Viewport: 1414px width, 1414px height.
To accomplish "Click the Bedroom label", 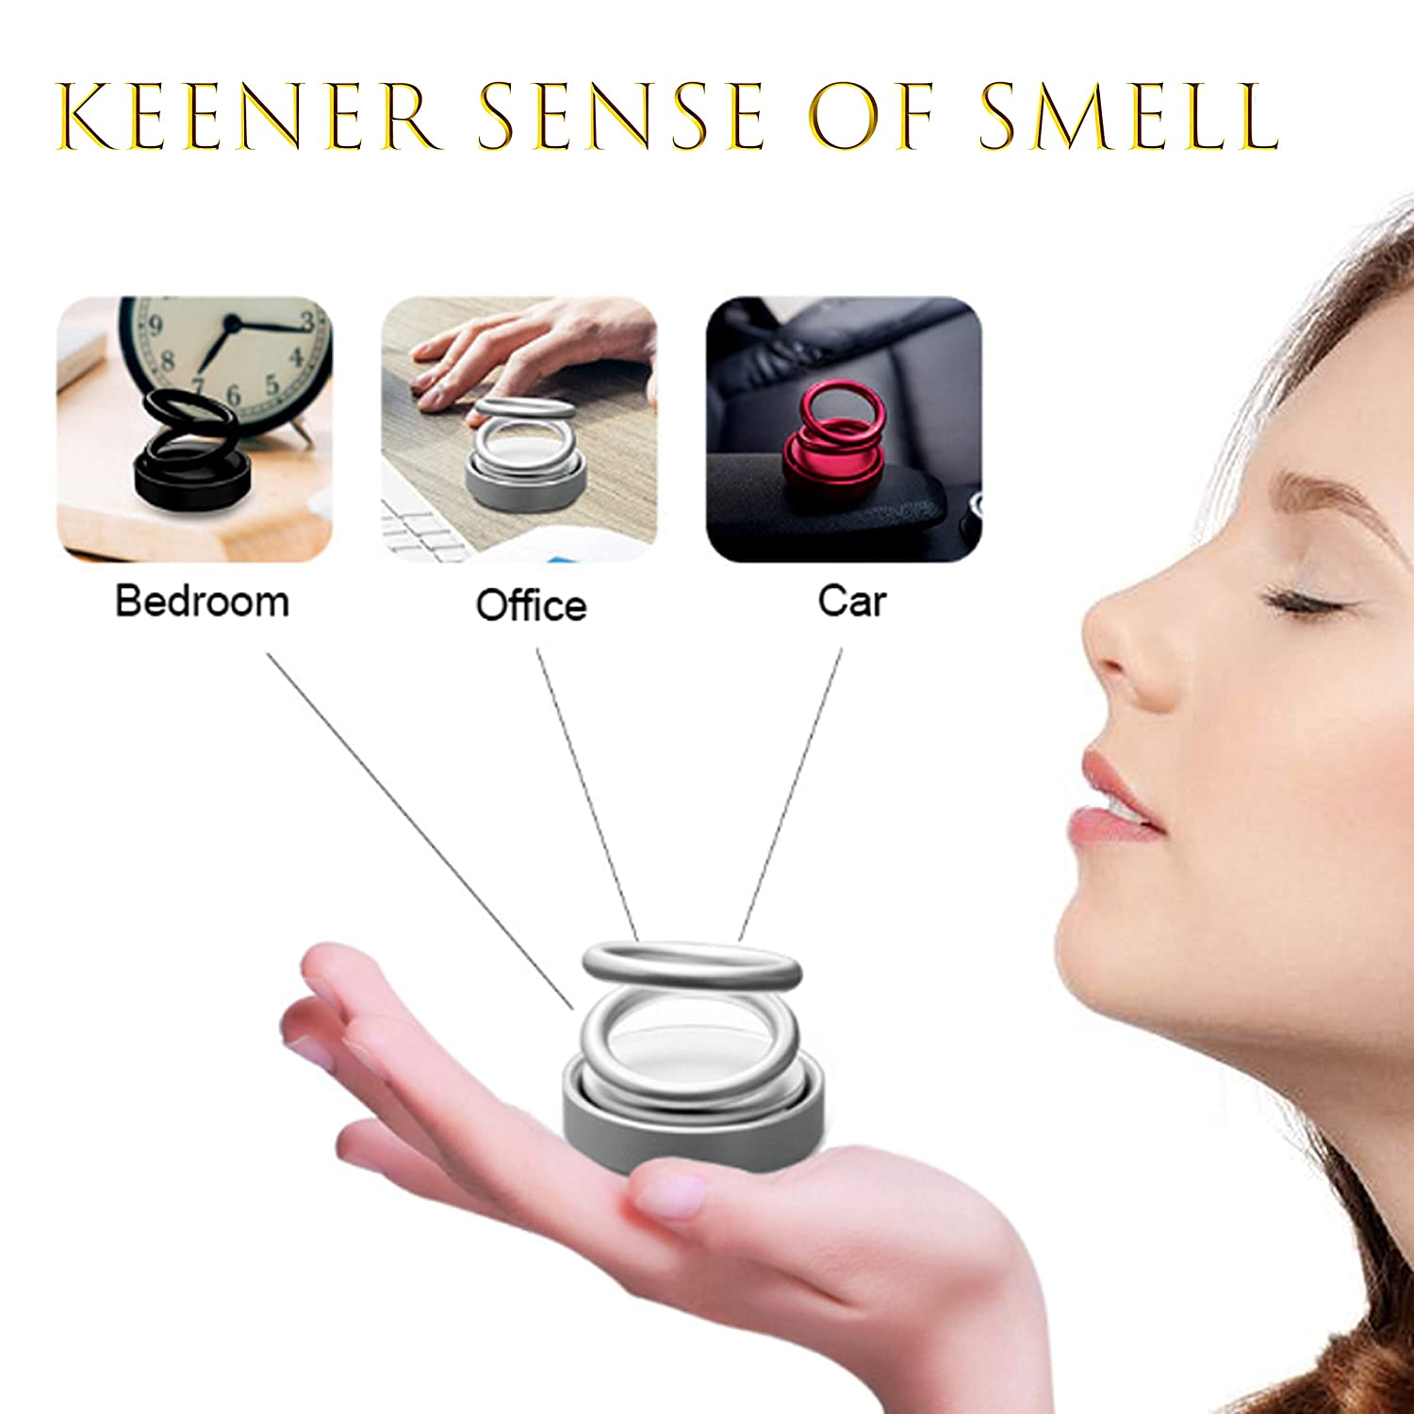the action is click(x=202, y=601).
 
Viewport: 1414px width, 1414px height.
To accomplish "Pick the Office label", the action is click(x=531, y=604).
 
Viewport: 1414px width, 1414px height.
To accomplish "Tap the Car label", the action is click(x=852, y=600).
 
